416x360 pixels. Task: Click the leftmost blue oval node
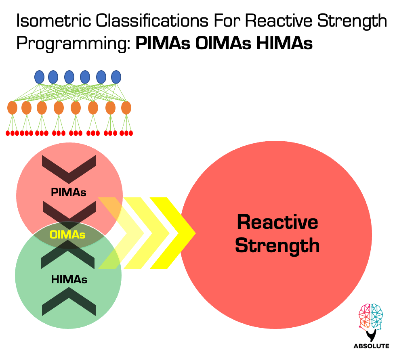[39, 77]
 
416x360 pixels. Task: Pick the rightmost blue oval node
[116, 77]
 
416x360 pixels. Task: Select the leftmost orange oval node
[13, 108]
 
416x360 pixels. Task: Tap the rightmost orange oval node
[126, 108]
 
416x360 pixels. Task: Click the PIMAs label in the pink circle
[69, 192]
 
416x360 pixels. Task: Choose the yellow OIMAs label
[67, 234]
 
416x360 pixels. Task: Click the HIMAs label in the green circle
[69, 279]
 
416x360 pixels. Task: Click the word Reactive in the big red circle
[277, 222]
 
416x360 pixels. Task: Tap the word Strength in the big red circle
[277, 245]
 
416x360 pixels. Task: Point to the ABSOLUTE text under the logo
[371, 346]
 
